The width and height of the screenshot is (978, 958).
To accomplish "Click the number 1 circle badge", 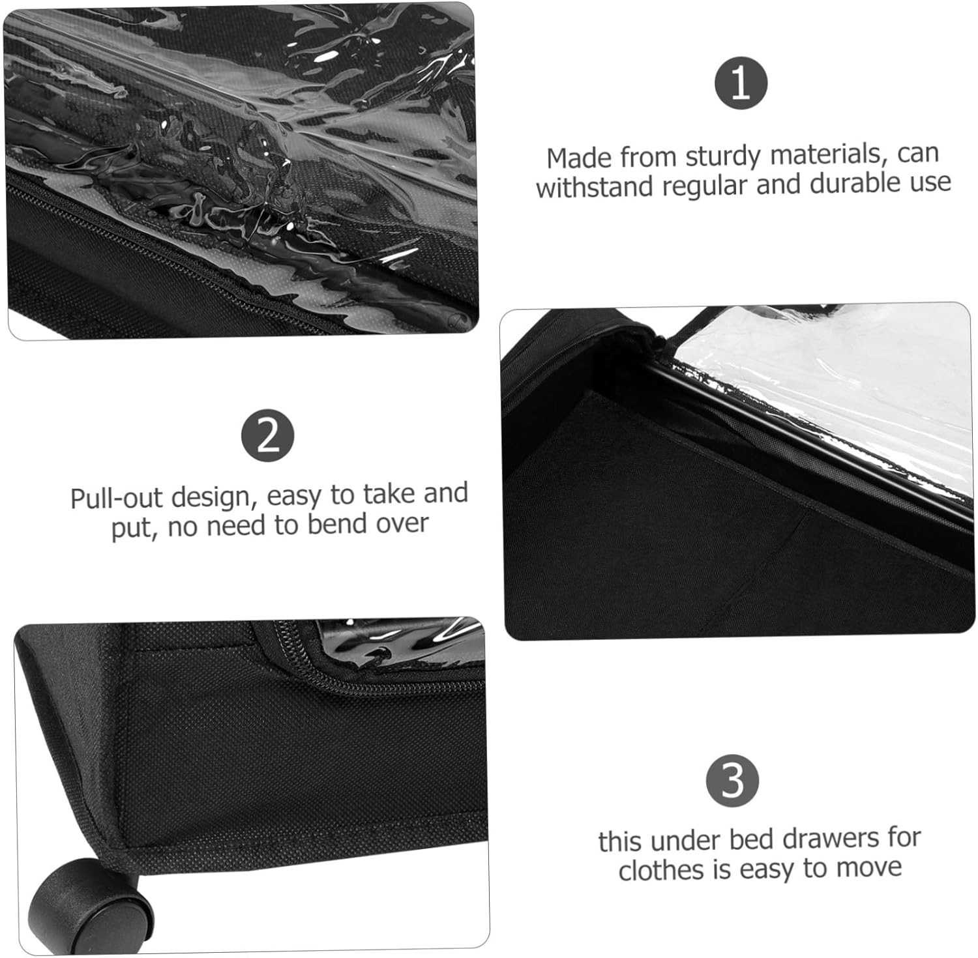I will pyautogui.click(x=741, y=83).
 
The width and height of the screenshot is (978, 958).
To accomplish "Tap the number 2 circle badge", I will pyautogui.click(x=267, y=436).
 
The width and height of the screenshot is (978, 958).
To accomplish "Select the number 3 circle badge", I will pyautogui.click(x=732, y=780).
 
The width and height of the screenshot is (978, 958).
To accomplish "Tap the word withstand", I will pyautogui.click(x=595, y=187).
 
